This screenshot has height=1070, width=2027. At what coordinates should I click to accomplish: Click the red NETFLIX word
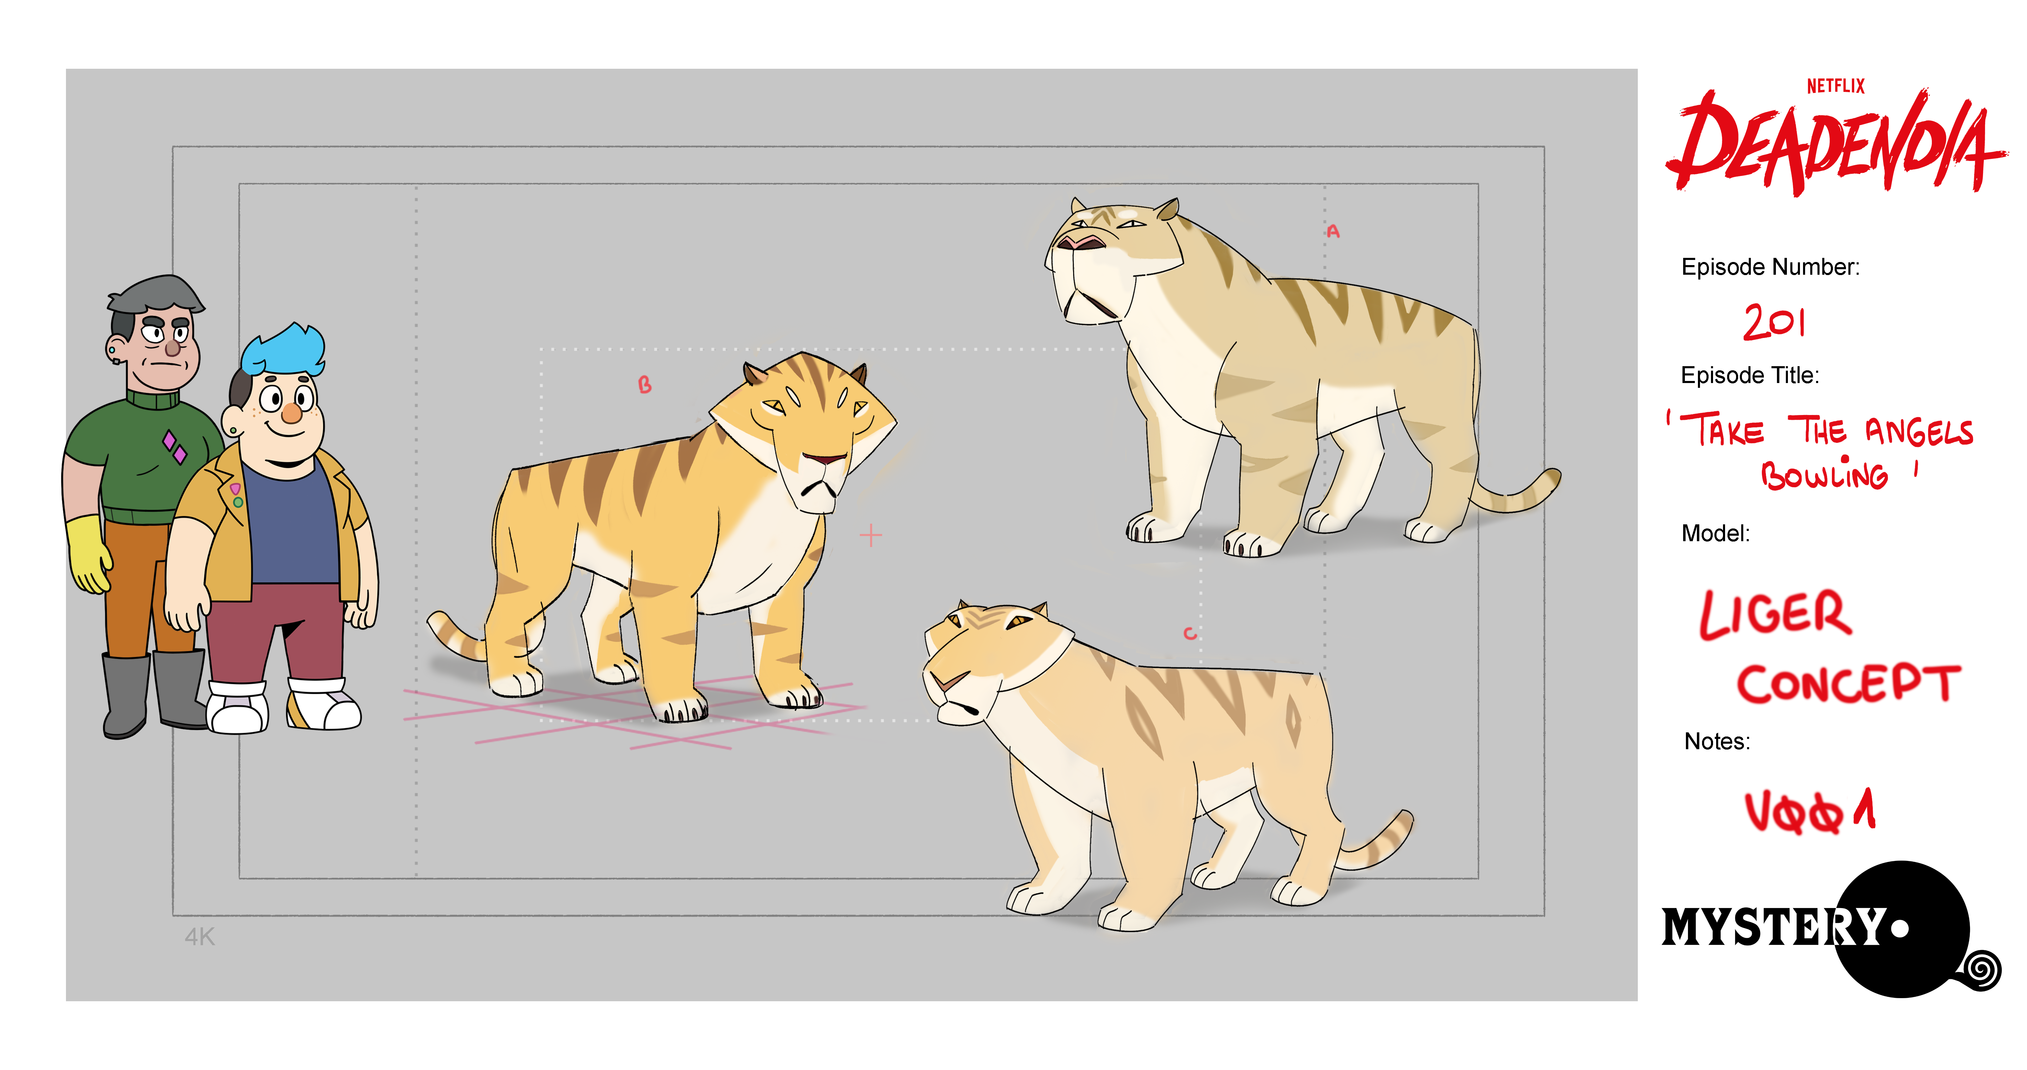point(1835,86)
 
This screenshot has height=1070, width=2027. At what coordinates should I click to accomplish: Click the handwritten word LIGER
point(1775,614)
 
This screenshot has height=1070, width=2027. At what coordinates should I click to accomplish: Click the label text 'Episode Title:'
point(1750,375)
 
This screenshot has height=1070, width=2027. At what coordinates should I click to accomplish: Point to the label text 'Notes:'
point(1717,742)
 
